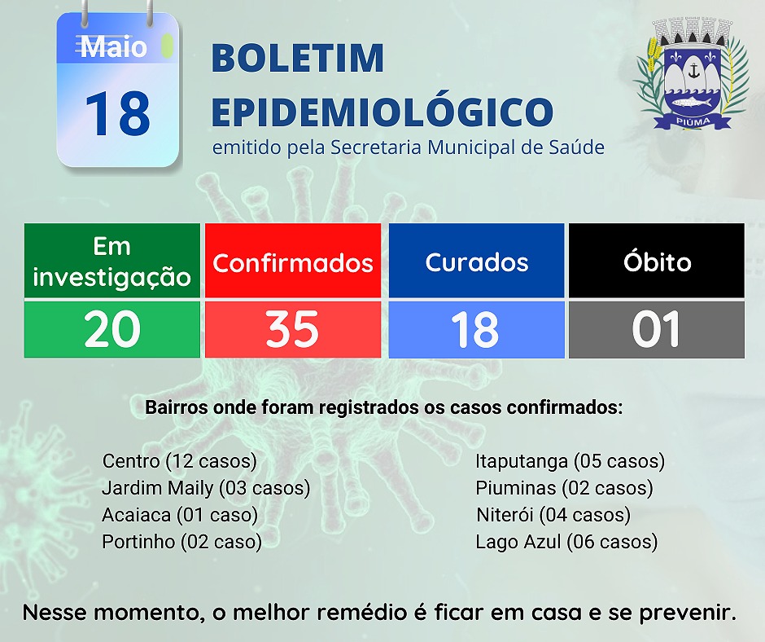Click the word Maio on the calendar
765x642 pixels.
tap(114, 47)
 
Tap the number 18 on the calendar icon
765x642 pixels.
tap(117, 114)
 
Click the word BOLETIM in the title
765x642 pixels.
tap(298, 58)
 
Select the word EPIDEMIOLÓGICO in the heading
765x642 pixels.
tap(382, 111)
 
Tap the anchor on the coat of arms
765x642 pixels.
tap(693, 72)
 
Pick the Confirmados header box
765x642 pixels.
tap(293, 261)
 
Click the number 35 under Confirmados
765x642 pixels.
tap(293, 329)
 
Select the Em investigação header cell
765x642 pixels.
tap(112, 261)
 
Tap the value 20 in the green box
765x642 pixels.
tap(112, 329)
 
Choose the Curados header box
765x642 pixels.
tap(477, 261)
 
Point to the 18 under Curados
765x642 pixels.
tap(475, 329)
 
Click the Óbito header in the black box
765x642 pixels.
tap(657, 261)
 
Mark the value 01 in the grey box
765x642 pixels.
tap(656, 329)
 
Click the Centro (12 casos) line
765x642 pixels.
tap(180, 461)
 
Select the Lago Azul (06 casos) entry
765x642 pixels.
tap(567, 542)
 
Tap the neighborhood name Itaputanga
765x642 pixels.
tap(522, 462)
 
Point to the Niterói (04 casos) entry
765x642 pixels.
tap(553, 515)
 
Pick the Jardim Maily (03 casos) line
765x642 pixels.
tap(206, 488)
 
